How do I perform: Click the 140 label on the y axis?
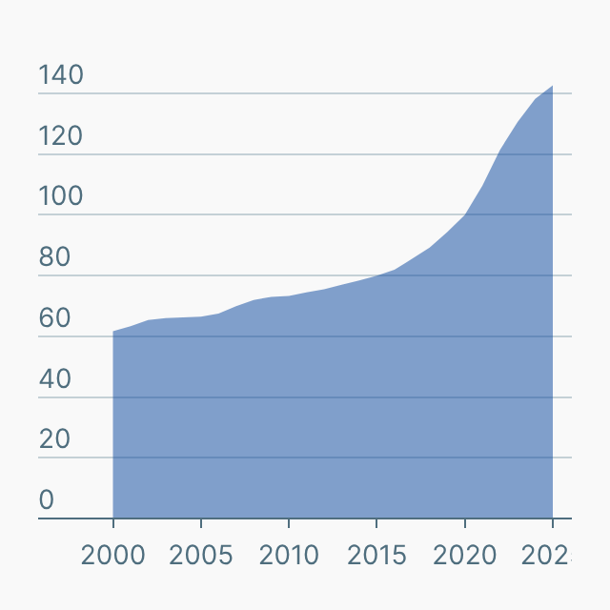pos(61,75)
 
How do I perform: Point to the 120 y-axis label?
pos(61,136)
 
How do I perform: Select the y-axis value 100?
pos(61,197)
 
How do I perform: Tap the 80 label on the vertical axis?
pos(54,257)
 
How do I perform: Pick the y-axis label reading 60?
pos(54,318)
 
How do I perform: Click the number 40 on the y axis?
pos(54,379)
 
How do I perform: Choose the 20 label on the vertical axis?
pos(54,439)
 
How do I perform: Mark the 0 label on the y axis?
pos(47,500)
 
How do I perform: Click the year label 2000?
pos(113,555)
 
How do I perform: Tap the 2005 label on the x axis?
pos(201,555)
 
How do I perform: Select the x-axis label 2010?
pos(289,555)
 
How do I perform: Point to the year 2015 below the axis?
pos(376,555)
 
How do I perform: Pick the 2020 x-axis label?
pos(464,555)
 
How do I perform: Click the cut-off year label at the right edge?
pos(550,555)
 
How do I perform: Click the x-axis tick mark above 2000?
pos(113,523)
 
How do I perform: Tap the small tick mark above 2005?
pos(201,523)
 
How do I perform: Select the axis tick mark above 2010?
pos(289,523)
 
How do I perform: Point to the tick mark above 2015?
pos(376,523)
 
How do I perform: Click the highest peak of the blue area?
pos(552,87)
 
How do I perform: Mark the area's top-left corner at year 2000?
pos(113,332)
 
